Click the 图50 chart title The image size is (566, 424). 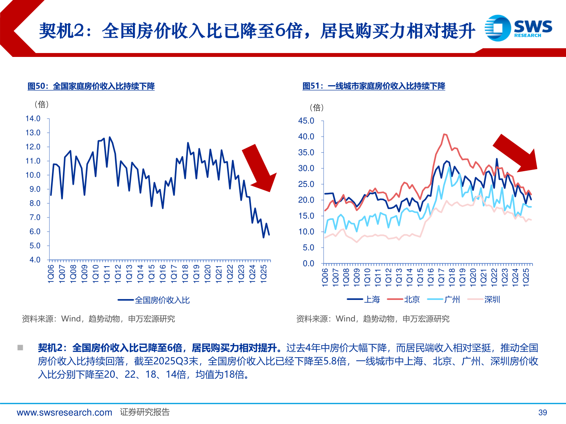click(91, 86)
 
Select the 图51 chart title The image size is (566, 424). click(374, 86)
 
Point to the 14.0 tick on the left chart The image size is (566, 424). click(33, 119)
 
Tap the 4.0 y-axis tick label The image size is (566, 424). click(35, 260)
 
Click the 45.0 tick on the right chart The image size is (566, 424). click(306, 121)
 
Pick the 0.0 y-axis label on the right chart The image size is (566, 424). click(309, 263)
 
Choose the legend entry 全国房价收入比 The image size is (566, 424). click(154, 300)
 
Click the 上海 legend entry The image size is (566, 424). click(364, 300)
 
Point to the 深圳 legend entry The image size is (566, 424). click(484, 300)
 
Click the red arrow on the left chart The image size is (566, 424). click(259, 168)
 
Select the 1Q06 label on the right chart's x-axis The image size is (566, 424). click(325, 277)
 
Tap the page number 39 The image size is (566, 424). click(542, 412)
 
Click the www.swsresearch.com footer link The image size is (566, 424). click(64, 412)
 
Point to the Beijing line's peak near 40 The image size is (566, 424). click(444, 134)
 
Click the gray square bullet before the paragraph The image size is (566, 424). click(20, 348)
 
